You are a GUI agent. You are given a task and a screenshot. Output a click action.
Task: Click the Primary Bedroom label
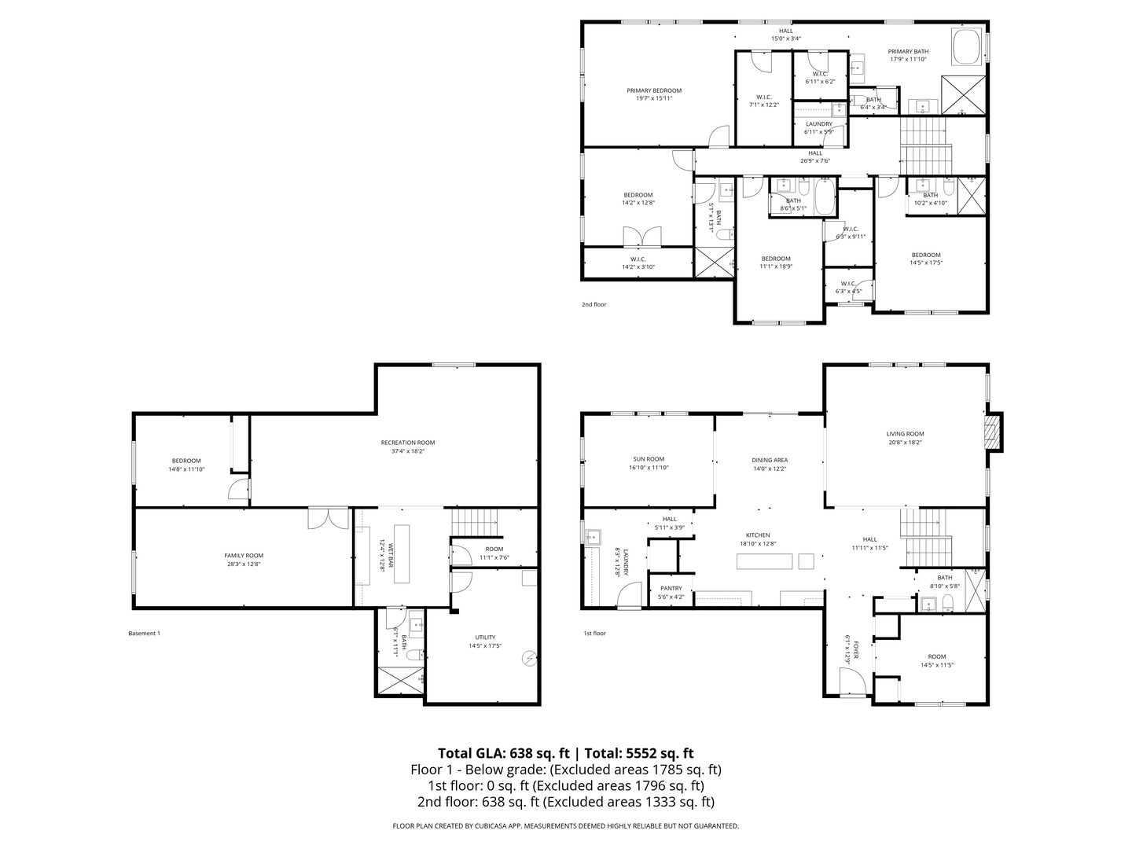[653, 90]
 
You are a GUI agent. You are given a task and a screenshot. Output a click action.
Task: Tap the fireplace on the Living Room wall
[994, 432]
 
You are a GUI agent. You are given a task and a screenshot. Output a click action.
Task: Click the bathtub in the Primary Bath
[967, 46]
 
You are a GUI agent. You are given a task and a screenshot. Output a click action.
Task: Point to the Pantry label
[671, 588]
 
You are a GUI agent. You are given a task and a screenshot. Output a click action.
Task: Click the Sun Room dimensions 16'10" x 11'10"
[649, 468]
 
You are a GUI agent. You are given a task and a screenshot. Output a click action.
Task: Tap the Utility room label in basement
[485, 638]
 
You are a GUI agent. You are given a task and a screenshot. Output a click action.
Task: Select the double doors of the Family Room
[329, 519]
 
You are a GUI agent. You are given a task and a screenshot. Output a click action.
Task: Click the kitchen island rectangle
[765, 560]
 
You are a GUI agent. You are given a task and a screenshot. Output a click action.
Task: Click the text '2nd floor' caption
[594, 304]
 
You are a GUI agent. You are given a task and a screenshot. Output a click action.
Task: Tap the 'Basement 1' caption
[144, 633]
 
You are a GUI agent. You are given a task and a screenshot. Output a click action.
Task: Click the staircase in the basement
[475, 520]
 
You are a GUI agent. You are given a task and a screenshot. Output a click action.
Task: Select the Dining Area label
[770, 460]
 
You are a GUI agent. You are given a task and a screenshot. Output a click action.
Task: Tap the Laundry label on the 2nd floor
[818, 124]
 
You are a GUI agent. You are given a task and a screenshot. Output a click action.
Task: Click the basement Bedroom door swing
[238, 489]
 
